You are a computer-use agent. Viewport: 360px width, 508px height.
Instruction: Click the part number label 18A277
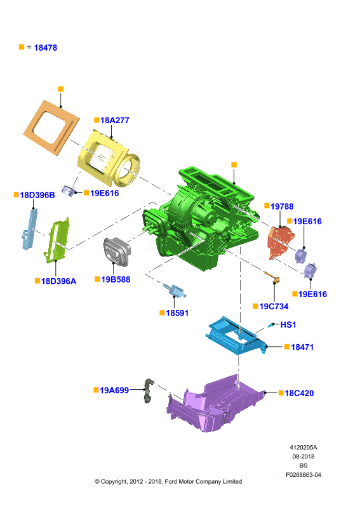click(x=115, y=120)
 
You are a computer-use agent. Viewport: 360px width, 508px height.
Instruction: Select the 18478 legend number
click(x=45, y=48)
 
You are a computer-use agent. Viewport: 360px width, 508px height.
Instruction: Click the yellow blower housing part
click(x=109, y=159)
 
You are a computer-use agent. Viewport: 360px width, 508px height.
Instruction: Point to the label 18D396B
click(x=37, y=195)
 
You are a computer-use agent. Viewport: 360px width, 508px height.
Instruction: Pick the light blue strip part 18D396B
click(x=29, y=229)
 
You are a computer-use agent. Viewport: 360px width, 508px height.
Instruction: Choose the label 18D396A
click(x=58, y=281)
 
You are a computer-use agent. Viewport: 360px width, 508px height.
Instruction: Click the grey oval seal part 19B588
click(x=117, y=251)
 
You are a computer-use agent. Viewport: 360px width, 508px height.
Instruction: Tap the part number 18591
click(x=177, y=313)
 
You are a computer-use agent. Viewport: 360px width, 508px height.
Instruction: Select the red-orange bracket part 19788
click(x=279, y=241)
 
